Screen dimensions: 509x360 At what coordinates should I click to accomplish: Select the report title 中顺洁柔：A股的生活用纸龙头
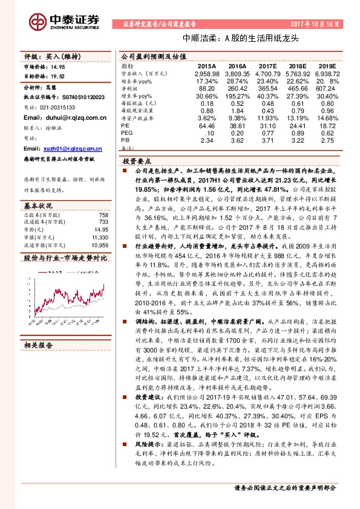tap(215, 37)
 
